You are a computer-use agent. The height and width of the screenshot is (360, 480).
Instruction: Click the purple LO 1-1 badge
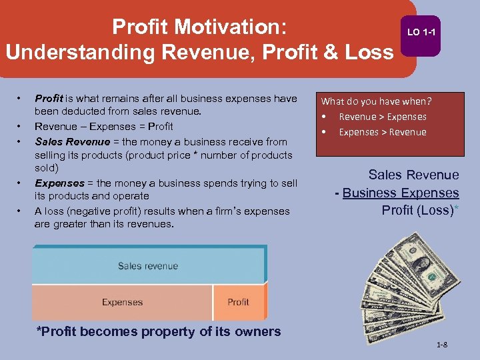[x=421, y=33]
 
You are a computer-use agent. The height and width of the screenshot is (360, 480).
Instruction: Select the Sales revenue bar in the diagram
[x=148, y=266]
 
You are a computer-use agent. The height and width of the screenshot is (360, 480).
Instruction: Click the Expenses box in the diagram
[x=122, y=302]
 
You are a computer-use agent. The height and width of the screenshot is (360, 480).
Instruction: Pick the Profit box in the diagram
[x=238, y=302]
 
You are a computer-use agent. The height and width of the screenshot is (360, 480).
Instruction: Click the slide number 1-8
[x=441, y=345]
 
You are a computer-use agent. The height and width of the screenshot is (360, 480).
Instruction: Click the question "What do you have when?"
[x=377, y=101]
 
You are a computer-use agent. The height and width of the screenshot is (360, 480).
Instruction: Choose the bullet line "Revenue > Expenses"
[x=382, y=117]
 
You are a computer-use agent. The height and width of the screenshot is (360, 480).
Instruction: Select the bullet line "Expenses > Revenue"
[x=382, y=132]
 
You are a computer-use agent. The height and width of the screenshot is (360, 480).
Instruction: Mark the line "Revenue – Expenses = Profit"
[x=103, y=127]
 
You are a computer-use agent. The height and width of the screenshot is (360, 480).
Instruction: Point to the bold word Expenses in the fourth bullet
[x=59, y=183]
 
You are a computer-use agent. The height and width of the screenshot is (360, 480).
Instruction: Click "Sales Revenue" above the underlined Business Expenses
[x=413, y=175]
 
